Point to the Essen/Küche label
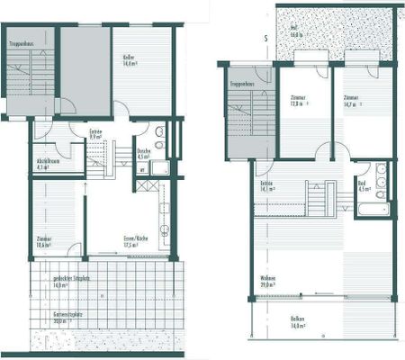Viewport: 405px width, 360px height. click(136, 241)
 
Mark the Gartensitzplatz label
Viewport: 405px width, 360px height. click(67, 318)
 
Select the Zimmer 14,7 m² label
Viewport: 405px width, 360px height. click(351, 101)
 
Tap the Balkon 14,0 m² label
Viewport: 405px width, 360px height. click(298, 323)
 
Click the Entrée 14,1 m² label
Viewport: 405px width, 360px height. click(266, 186)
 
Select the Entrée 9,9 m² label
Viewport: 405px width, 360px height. click(95, 136)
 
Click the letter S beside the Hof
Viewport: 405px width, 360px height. click(266, 38)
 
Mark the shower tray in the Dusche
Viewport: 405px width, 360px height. click(158, 166)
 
